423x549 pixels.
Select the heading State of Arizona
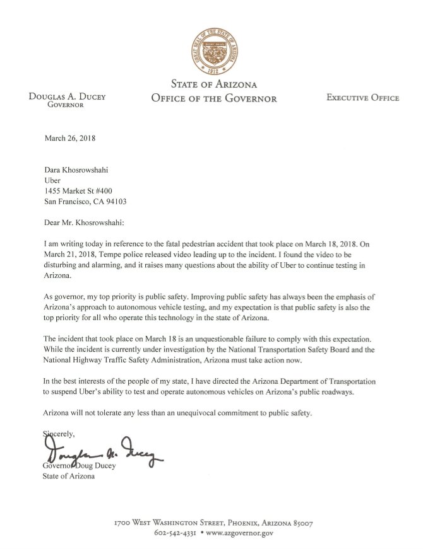[213, 84]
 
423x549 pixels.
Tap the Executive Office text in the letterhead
[362, 98]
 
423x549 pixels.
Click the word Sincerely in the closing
[59, 434]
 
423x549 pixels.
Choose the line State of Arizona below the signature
[69, 475]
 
